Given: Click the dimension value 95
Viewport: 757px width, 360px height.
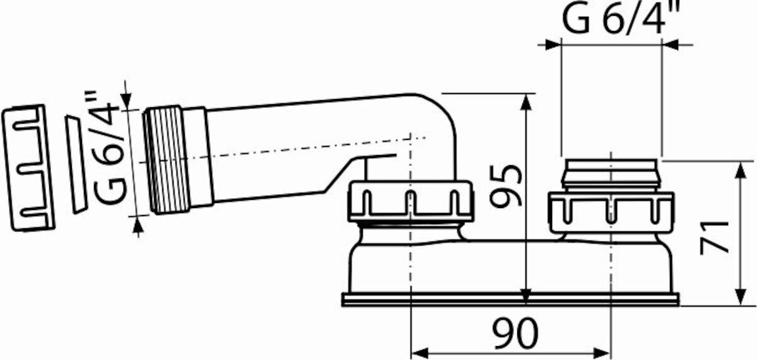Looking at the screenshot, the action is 506,185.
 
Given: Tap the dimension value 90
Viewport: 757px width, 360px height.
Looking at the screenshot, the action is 515,334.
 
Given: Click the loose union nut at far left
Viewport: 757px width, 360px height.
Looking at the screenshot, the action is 28,168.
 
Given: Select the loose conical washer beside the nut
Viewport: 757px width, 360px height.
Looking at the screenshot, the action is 76,165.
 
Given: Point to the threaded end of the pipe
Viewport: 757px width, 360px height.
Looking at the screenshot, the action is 166,160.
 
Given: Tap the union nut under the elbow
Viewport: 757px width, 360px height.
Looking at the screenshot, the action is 411,202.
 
